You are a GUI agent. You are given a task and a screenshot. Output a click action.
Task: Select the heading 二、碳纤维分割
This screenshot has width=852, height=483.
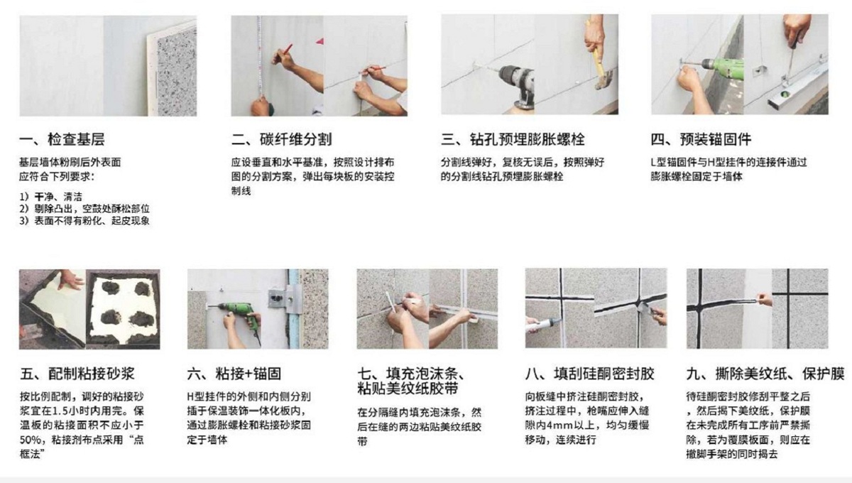tap(281, 139)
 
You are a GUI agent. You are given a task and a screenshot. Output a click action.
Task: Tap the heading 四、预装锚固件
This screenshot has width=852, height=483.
tap(701, 139)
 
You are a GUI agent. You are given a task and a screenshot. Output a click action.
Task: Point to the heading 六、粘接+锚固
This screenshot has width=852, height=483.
tap(234, 374)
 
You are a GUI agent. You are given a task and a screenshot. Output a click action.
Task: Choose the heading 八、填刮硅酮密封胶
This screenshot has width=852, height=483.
tap(589, 374)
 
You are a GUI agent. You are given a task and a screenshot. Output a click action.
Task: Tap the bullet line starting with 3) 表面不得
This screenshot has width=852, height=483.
tap(84, 221)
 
